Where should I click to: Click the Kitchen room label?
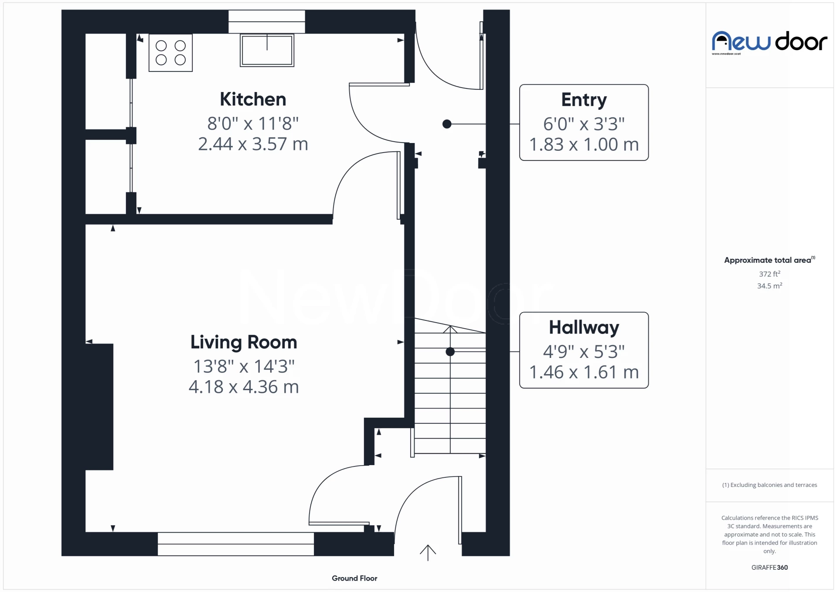tap(253, 99)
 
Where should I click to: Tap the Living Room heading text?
tap(244, 342)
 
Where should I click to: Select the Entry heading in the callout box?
tap(584, 100)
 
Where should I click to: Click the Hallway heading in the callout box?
tap(584, 327)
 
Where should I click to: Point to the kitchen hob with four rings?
tap(170, 53)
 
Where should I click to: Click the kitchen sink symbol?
tap(267, 51)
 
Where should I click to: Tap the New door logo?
tap(769, 42)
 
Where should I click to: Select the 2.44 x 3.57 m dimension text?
tap(253, 144)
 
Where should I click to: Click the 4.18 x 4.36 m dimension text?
tap(244, 387)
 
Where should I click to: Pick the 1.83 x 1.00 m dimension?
tap(584, 145)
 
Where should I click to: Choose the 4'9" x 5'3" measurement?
tap(584, 351)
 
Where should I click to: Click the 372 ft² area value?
tap(769, 274)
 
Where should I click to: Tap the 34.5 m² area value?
tap(769, 286)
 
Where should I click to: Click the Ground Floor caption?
tap(354, 578)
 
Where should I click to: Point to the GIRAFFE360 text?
tap(769, 568)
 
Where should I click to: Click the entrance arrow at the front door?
tap(428, 553)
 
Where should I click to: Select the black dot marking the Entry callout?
tap(447, 124)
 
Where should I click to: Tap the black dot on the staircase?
tap(450, 352)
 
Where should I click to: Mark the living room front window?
tap(235, 544)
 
